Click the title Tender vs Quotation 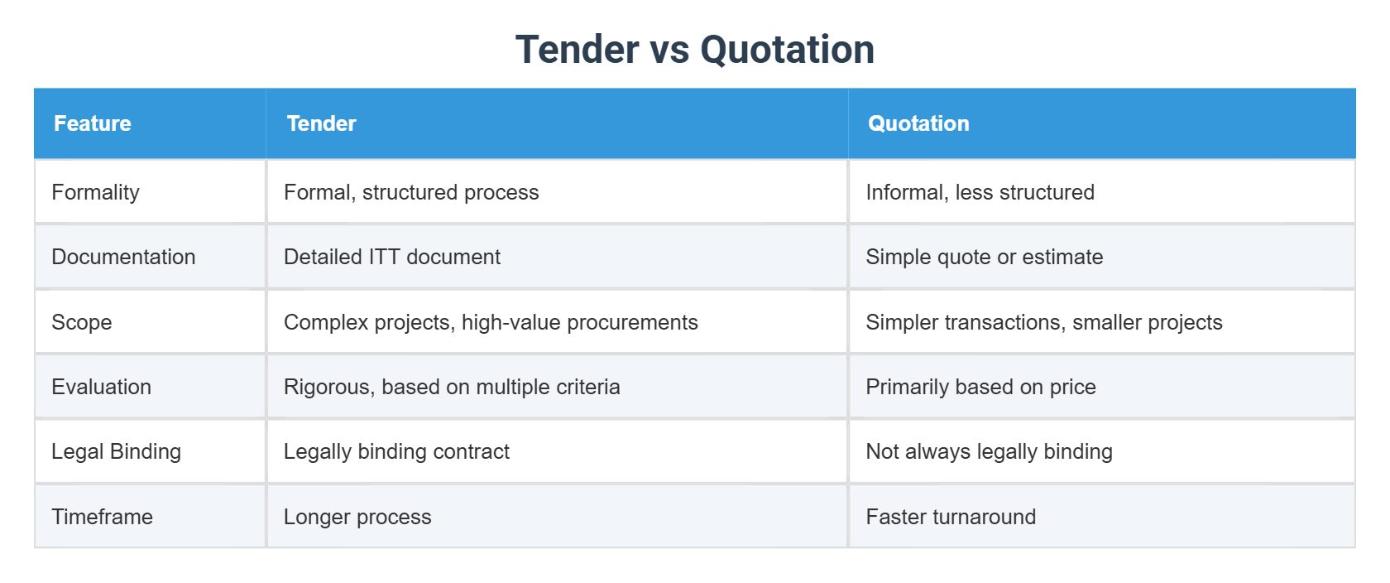[x=694, y=50]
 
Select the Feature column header [x=93, y=123]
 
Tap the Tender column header [x=321, y=123]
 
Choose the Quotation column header [x=918, y=123]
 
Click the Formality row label [x=95, y=192]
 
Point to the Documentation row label [x=123, y=257]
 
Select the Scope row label [x=81, y=322]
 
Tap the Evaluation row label [x=101, y=387]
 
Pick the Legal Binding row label [x=116, y=451]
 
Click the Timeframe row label [x=102, y=517]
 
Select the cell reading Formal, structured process [x=411, y=192]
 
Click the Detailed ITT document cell [x=392, y=257]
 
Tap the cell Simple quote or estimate [x=984, y=257]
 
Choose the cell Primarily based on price [x=980, y=387]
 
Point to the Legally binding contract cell [x=396, y=451]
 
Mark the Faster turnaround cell [x=951, y=517]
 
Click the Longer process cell [x=357, y=517]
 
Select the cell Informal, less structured [x=980, y=192]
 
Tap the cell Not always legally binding [x=989, y=451]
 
